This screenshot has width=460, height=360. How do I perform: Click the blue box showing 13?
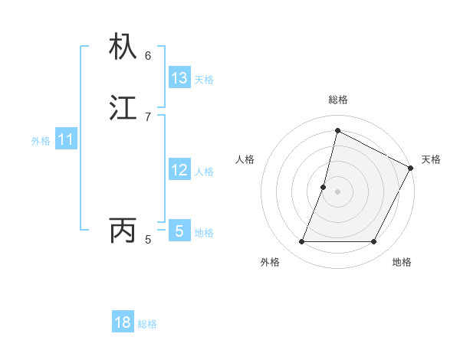click(x=179, y=78)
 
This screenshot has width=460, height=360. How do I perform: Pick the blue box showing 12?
click(x=179, y=170)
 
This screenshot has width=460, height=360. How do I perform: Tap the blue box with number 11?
click(x=66, y=139)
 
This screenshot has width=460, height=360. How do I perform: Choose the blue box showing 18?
click(x=123, y=322)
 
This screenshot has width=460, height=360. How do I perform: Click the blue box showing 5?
click(x=179, y=231)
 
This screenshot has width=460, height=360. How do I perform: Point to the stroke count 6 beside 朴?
click(x=148, y=55)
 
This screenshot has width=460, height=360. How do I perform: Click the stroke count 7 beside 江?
click(x=148, y=116)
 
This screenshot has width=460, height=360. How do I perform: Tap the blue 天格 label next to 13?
click(x=204, y=80)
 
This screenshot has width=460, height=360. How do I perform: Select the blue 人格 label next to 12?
click(x=204, y=172)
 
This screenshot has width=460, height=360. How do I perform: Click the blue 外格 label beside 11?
click(x=41, y=141)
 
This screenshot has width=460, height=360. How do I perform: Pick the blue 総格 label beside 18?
click(x=147, y=324)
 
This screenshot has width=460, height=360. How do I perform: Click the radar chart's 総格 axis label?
click(x=337, y=100)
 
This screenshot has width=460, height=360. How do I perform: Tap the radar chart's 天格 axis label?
click(x=431, y=159)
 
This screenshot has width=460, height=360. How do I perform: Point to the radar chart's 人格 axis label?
click(x=245, y=159)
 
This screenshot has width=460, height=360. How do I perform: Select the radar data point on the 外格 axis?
click(x=301, y=242)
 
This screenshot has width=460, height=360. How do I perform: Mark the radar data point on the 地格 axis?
click(x=374, y=242)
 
